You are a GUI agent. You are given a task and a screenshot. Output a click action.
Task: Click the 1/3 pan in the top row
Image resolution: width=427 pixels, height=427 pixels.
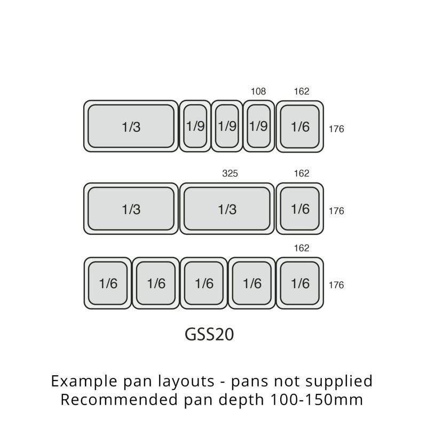(131, 126)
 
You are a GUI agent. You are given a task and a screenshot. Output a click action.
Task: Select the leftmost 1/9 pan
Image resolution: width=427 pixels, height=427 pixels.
(195, 126)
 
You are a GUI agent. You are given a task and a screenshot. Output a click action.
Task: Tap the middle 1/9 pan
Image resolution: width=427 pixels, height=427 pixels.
(227, 126)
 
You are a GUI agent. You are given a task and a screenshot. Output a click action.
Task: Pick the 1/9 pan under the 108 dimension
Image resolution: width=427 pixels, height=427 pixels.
(259, 126)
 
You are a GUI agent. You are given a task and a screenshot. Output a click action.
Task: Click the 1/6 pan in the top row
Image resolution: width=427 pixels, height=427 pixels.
(300, 126)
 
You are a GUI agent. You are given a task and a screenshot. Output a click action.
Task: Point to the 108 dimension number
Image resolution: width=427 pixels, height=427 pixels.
(258, 92)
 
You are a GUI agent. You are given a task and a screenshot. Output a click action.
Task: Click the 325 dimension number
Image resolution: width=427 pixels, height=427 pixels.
(230, 173)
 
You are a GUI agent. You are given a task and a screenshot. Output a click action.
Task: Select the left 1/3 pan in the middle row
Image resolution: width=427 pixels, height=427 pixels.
(131, 209)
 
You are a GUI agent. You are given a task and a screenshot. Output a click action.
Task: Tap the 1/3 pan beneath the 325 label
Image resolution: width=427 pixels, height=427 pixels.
(227, 209)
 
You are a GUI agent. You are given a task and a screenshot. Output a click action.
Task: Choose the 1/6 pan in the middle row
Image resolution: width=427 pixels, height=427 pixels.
(300, 209)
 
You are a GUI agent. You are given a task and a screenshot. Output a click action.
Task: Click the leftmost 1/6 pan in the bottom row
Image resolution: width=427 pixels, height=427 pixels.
(108, 283)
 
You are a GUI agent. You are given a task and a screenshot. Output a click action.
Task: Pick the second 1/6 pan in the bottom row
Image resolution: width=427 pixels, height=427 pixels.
(156, 283)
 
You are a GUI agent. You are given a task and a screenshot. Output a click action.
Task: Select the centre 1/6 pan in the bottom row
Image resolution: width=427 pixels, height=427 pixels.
(204, 283)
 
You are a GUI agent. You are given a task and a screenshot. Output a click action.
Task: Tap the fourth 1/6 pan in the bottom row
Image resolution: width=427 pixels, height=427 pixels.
(252, 283)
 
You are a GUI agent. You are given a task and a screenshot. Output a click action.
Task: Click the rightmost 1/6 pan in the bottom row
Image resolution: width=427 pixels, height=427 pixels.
(300, 283)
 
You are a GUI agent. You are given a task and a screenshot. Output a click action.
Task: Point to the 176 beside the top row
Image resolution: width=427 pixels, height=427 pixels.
(336, 129)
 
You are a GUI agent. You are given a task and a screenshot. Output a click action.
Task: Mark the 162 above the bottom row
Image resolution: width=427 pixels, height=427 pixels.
(302, 248)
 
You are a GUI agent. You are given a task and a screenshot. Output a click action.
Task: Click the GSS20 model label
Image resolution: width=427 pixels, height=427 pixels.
(209, 334)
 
